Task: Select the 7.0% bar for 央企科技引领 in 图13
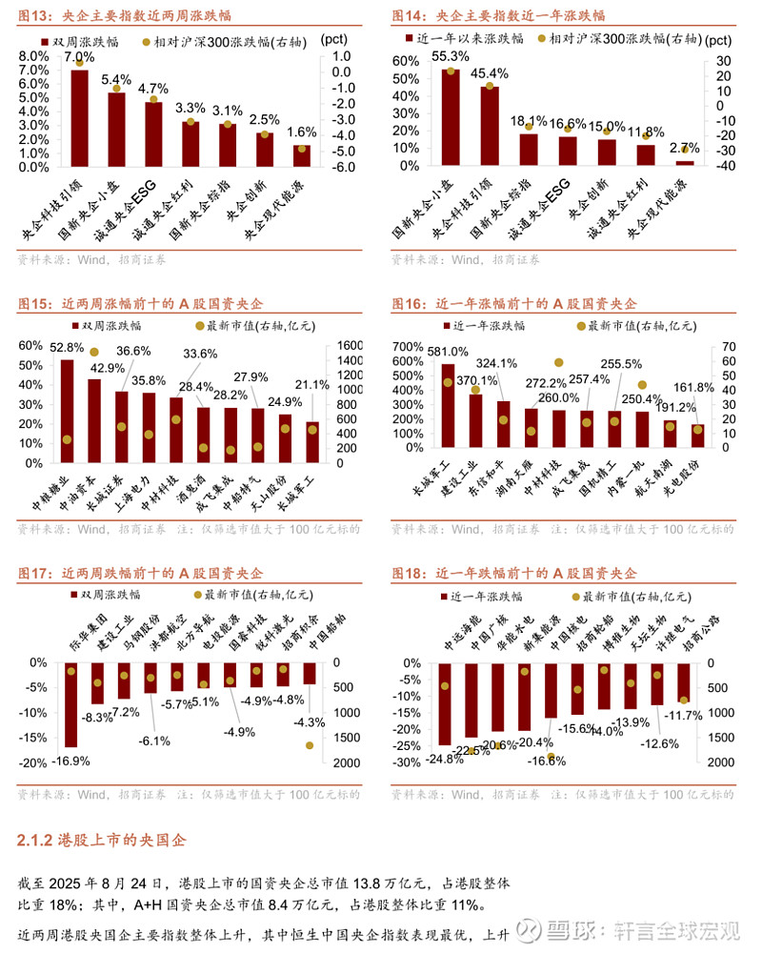point(80,117)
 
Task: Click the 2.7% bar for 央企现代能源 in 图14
point(685,163)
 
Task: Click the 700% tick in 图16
point(407,346)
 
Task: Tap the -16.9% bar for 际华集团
point(70,704)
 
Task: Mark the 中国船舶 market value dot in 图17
point(310,745)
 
